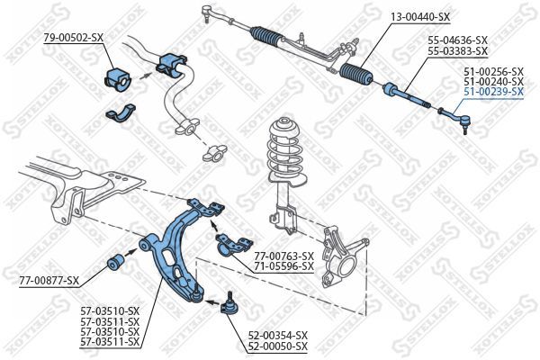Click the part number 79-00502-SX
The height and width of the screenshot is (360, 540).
pyautogui.click(x=74, y=37)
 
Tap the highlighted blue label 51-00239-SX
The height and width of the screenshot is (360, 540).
pyautogui.click(x=492, y=92)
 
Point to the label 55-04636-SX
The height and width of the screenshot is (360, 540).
pyautogui.click(x=457, y=40)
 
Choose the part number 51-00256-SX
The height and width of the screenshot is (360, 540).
pyautogui.click(x=492, y=70)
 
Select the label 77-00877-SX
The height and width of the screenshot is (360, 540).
pyautogui.click(x=49, y=281)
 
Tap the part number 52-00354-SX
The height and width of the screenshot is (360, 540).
pyautogui.click(x=278, y=335)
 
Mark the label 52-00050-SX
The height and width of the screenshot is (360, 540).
pyautogui.click(x=278, y=346)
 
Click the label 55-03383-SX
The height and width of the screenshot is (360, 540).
pyautogui.click(x=457, y=51)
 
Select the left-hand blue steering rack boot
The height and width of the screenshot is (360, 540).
pyautogui.click(x=269, y=37)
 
